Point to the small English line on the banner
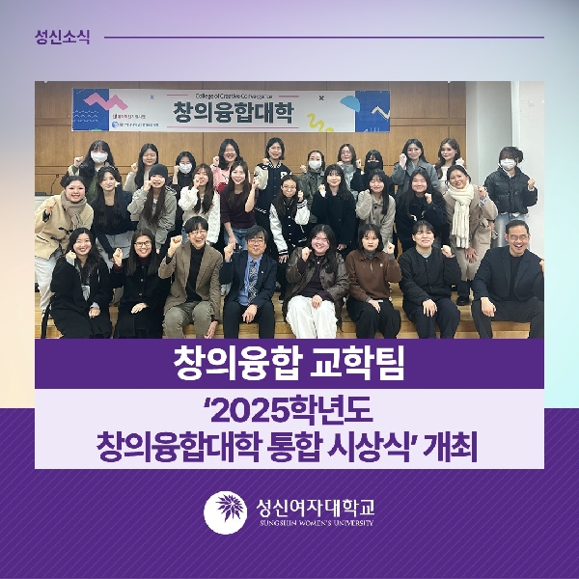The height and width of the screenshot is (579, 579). (x=232, y=94)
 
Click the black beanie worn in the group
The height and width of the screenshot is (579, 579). (x=157, y=171)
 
